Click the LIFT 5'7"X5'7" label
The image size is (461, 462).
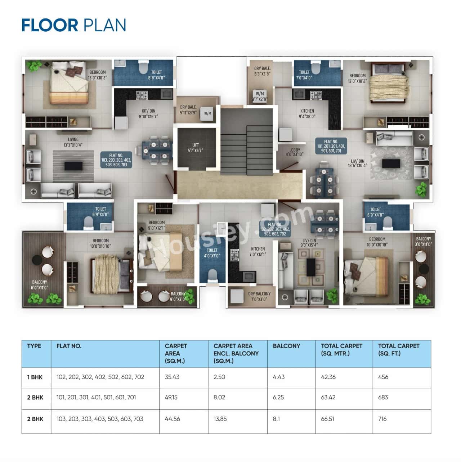(x=196, y=148)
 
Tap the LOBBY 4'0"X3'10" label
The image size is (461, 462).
(x=295, y=152)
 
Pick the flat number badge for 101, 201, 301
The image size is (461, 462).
(x=331, y=146)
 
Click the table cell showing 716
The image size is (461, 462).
(x=382, y=419)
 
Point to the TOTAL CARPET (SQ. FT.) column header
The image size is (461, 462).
(x=399, y=350)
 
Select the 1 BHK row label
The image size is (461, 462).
(x=35, y=377)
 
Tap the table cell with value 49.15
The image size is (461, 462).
(x=171, y=398)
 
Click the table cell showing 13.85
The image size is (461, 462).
(x=220, y=419)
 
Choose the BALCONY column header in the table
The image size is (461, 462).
(x=286, y=346)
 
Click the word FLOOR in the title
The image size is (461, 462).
(x=50, y=25)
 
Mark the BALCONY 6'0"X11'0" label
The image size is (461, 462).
(x=39, y=285)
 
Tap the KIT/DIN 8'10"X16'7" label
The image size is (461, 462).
(x=148, y=114)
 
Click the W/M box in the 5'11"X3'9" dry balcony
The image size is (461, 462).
(x=208, y=113)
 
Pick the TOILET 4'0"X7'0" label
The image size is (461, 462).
(x=212, y=253)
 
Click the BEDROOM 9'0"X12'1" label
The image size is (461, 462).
(x=157, y=225)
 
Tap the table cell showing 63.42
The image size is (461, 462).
(x=328, y=398)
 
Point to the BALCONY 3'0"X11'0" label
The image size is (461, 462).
(x=424, y=241)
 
